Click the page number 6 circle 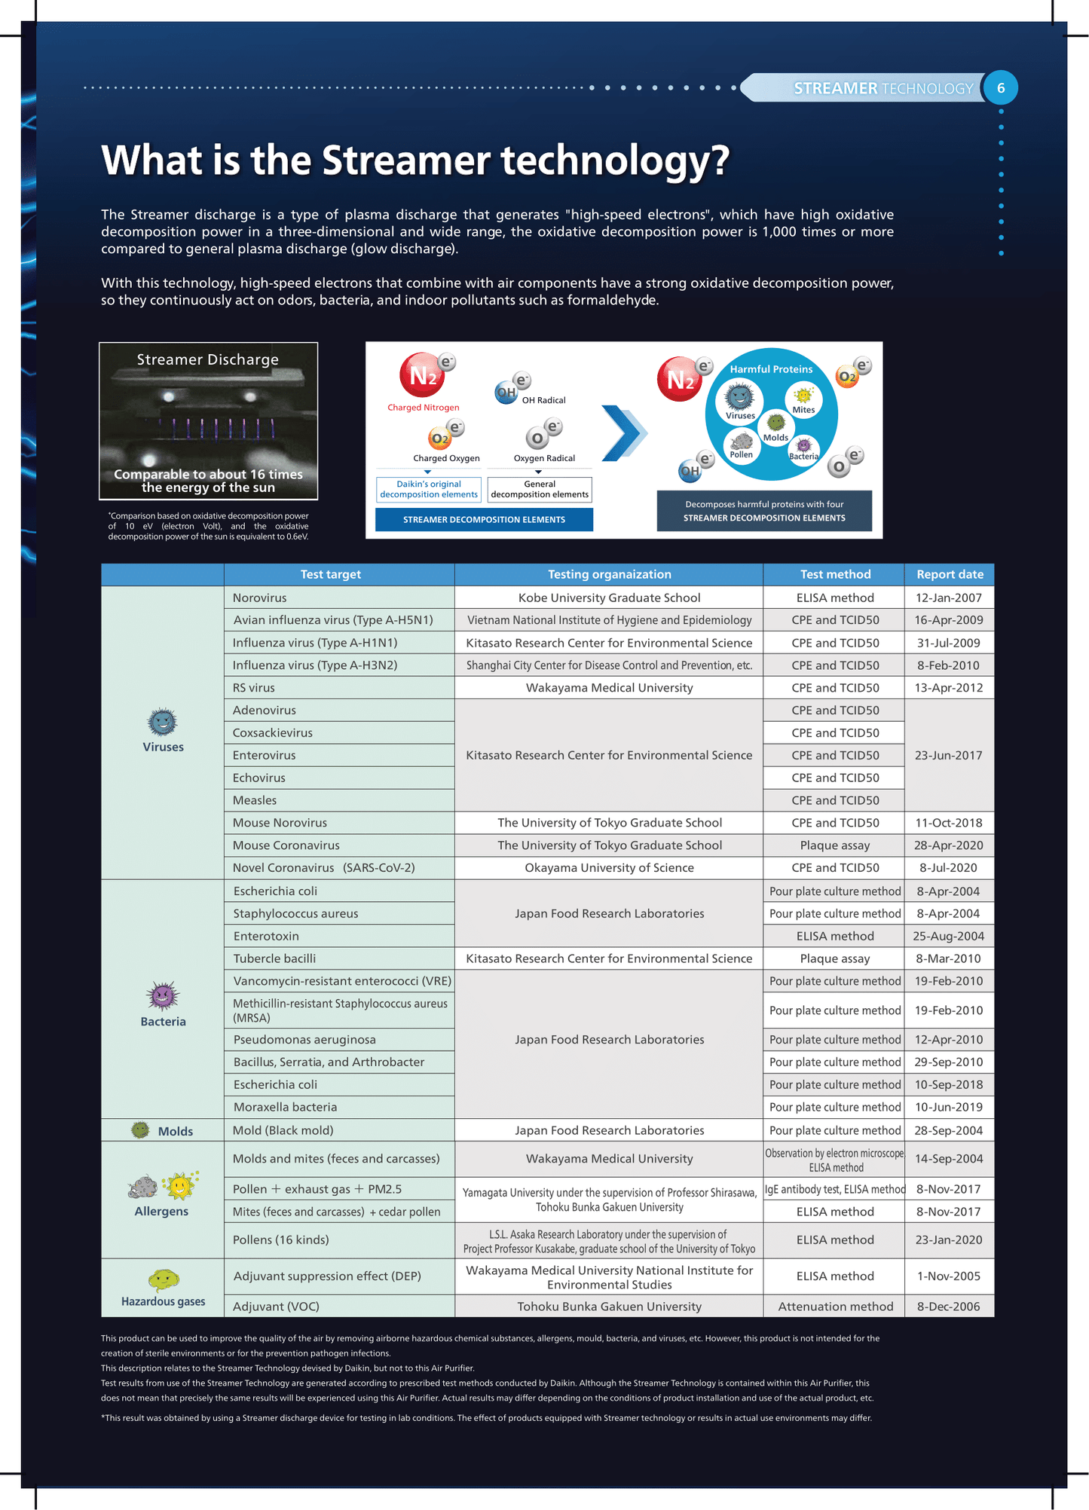pyautogui.click(x=1001, y=88)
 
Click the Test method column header pyautogui.click(x=835, y=574)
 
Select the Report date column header pyautogui.click(x=950, y=574)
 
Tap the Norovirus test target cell pyautogui.click(x=260, y=598)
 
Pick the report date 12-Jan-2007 pyautogui.click(x=948, y=598)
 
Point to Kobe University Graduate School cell pyautogui.click(x=609, y=598)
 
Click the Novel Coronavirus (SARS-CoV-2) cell pyautogui.click(x=323, y=867)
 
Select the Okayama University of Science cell pyautogui.click(x=609, y=867)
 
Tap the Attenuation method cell pyautogui.click(x=835, y=1306)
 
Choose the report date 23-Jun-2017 pyautogui.click(x=948, y=755)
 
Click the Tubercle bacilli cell pyautogui.click(x=274, y=958)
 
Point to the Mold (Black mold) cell pyautogui.click(x=283, y=1130)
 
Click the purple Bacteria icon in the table pyautogui.click(x=163, y=996)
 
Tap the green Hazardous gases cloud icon pyautogui.click(x=163, y=1279)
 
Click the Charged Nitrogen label pyautogui.click(x=423, y=408)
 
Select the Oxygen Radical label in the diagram pyautogui.click(x=544, y=458)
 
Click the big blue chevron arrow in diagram pyautogui.click(x=623, y=433)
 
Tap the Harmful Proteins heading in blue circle pyautogui.click(x=771, y=369)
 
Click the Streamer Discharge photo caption pyautogui.click(x=208, y=359)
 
